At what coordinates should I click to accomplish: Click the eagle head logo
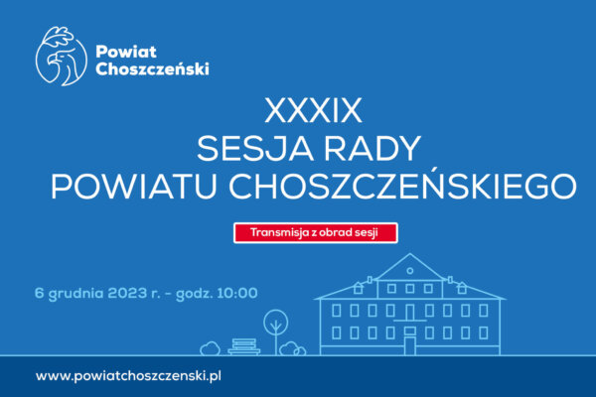point(62,56)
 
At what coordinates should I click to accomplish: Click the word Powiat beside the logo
point(126,52)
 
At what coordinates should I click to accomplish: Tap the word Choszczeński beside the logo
point(152,68)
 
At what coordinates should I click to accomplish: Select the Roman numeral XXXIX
point(313,110)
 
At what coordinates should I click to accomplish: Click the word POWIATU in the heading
point(134,187)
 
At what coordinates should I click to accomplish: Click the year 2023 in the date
point(127,293)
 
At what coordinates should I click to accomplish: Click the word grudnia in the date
point(76,294)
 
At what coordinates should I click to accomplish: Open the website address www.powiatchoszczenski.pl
point(128,376)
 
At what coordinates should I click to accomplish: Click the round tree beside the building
point(276,331)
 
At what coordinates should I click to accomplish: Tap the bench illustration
point(244,346)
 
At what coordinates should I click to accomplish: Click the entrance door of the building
point(409,345)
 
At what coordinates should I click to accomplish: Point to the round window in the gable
point(409,271)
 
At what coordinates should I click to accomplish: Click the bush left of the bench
point(211,348)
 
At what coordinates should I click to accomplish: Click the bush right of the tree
point(292,348)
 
